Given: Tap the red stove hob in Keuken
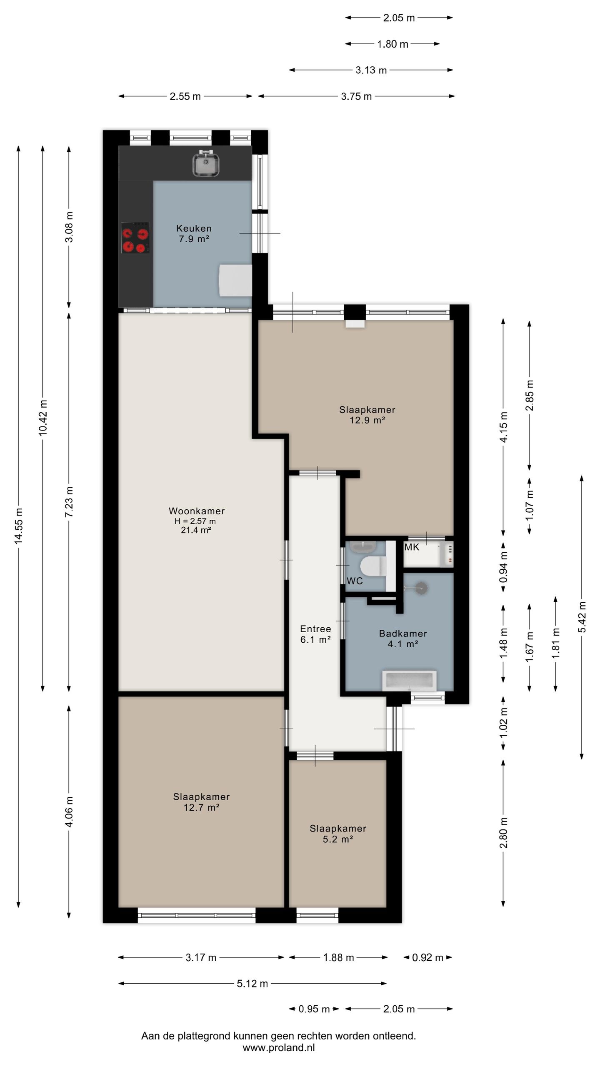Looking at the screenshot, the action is coord(135,238).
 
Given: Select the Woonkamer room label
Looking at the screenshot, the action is coord(197,511).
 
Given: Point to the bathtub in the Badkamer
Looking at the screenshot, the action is coord(409,680).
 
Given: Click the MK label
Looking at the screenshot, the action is coord(412,547).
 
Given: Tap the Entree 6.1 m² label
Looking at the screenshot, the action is coord(315,634).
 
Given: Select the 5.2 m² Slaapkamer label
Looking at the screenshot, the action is coord(338,834).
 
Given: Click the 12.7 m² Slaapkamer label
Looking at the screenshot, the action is coord(202,802).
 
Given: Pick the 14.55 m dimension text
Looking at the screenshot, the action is coord(18,526).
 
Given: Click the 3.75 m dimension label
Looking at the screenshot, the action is coord(356,97).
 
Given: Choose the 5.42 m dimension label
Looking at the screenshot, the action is coord(582,617).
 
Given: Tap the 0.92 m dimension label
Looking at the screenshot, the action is coord(427,957).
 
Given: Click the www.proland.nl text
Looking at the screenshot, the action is coord(279,1048).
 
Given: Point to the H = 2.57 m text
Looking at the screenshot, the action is coord(195,521).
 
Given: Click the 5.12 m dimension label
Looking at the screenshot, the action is coord(252,984).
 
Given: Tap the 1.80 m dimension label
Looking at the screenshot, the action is coord(392,44).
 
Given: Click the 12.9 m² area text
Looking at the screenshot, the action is coord(367,420).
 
